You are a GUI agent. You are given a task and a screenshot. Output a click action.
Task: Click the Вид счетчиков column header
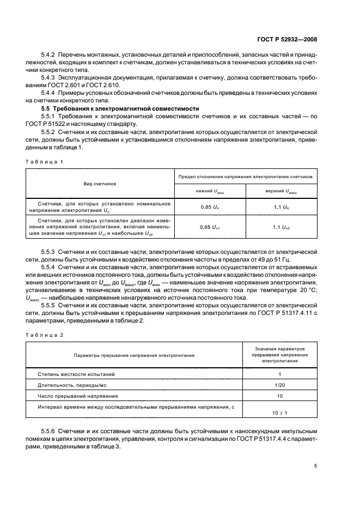[100, 184]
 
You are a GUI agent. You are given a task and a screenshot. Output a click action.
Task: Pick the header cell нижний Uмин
[210, 191]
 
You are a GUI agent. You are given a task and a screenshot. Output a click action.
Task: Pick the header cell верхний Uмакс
[281, 191]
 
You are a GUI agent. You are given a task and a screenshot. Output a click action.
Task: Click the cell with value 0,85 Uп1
[210, 227]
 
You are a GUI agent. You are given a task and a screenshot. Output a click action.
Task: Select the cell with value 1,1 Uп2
[281, 227]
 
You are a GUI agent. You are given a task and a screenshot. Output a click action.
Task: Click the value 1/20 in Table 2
[279, 385]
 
